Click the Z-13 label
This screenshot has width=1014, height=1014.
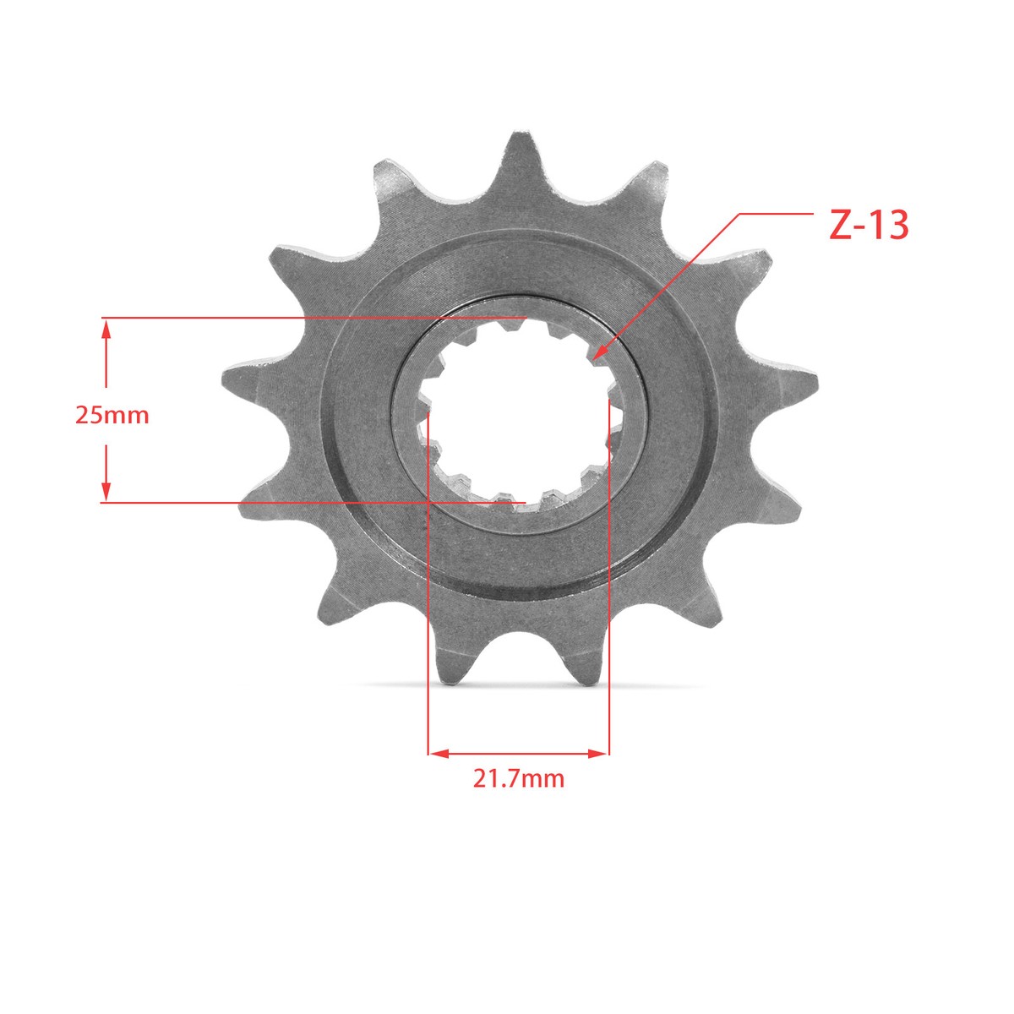[869, 226]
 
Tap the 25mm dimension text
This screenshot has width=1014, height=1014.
[112, 416]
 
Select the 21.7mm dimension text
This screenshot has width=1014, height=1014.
[518, 793]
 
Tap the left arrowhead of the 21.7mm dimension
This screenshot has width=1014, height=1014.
[439, 754]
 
